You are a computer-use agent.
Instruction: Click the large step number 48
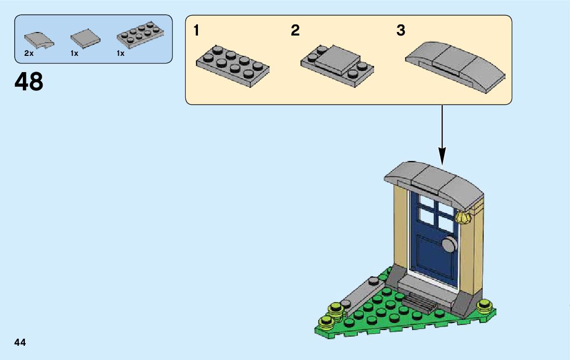(x=29, y=82)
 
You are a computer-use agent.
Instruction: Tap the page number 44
(x=20, y=342)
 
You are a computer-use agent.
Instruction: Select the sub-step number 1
(x=196, y=31)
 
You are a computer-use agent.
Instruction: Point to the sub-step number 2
(x=295, y=31)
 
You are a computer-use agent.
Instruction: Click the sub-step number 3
(x=401, y=31)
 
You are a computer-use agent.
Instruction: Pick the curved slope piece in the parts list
(x=39, y=40)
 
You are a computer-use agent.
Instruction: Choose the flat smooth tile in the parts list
(x=85, y=39)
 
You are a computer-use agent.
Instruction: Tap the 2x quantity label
(x=28, y=53)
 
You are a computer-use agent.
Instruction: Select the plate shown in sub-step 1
(x=232, y=65)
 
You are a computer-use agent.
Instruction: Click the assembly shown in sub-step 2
(x=338, y=64)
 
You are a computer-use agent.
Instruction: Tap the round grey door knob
(x=449, y=245)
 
